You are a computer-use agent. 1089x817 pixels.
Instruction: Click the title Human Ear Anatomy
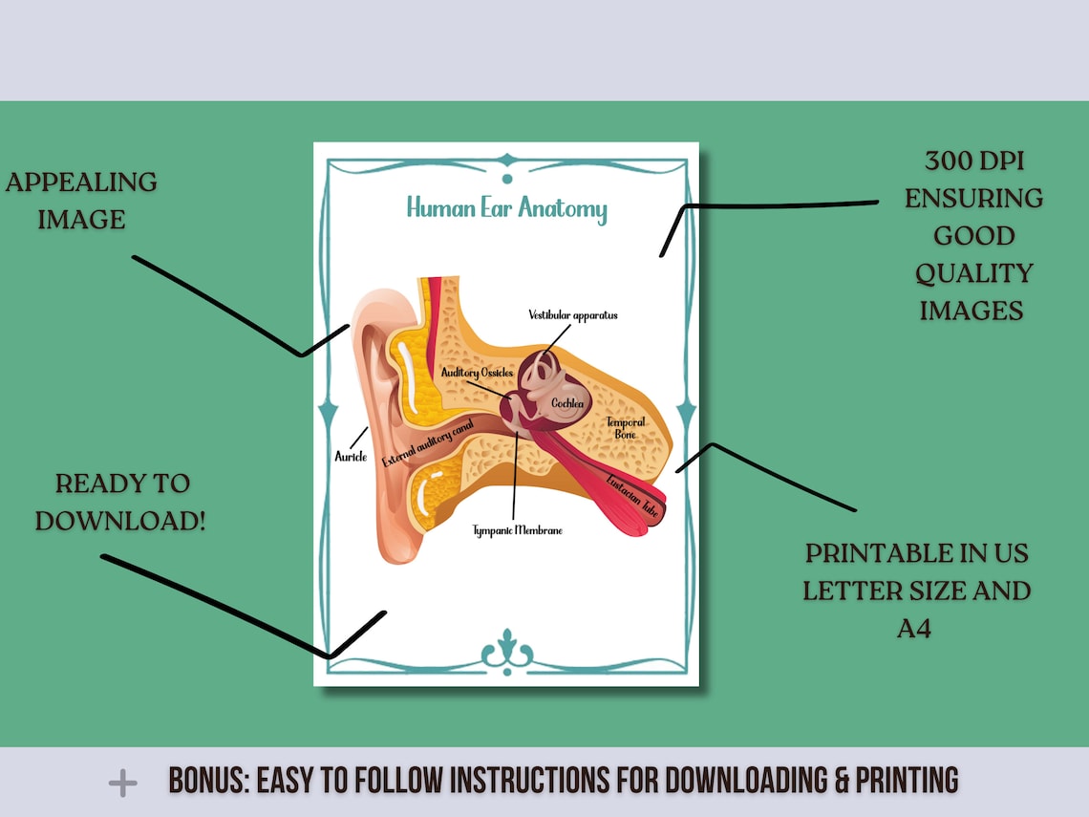pos(507,208)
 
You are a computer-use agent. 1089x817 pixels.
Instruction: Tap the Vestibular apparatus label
pos(573,315)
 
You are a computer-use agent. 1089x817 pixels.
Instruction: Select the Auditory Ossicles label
pos(477,373)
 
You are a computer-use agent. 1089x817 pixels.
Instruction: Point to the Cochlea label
pos(567,403)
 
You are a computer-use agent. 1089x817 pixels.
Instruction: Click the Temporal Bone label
pos(626,428)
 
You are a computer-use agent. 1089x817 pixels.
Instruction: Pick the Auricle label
pos(351,457)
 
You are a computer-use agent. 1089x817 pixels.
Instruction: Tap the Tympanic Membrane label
pos(518,530)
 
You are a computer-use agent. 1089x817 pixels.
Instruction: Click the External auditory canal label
pos(428,442)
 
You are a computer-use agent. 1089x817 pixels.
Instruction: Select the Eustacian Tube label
pos(632,495)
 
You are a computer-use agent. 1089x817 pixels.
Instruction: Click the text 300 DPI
pos(974,161)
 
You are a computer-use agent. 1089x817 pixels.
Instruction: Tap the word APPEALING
pos(81,182)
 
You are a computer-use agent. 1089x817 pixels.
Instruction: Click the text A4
pos(914,629)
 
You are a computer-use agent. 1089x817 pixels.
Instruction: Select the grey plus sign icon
pos(123,783)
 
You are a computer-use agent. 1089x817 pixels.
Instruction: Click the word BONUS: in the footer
pos(208,780)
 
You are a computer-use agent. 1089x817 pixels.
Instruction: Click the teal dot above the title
pos(507,180)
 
